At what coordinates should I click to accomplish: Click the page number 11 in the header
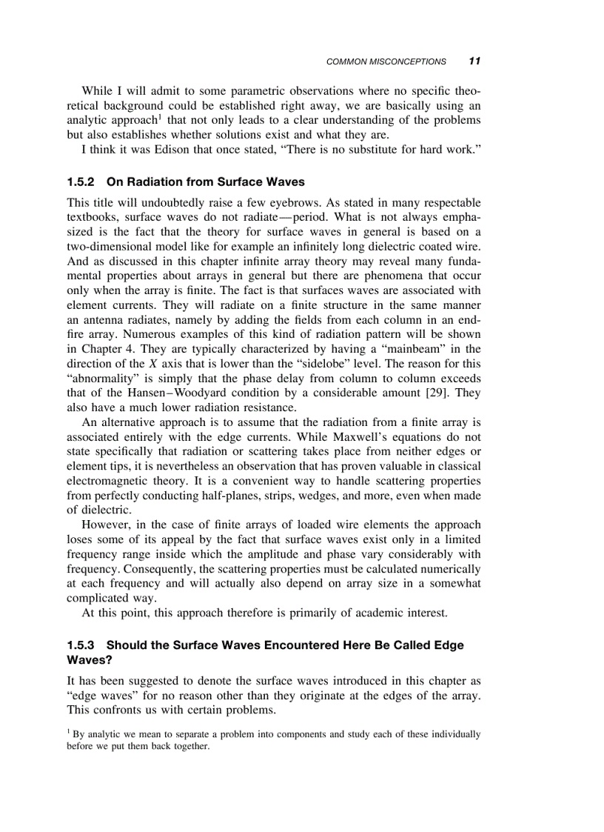click(x=474, y=61)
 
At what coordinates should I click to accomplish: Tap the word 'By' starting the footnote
click(x=78, y=735)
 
